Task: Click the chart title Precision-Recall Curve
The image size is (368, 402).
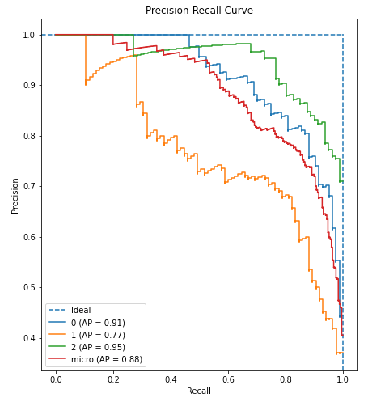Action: coord(199,11)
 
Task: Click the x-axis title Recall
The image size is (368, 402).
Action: coord(199,391)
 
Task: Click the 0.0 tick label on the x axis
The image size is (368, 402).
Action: coord(56,378)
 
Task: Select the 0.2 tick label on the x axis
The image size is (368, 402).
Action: coord(113,378)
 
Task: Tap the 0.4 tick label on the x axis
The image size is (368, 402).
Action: coord(171,378)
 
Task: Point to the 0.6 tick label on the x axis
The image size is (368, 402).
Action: coord(228,378)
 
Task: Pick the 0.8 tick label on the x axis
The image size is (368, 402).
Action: coord(286,378)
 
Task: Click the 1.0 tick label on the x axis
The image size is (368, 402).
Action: coord(343,378)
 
